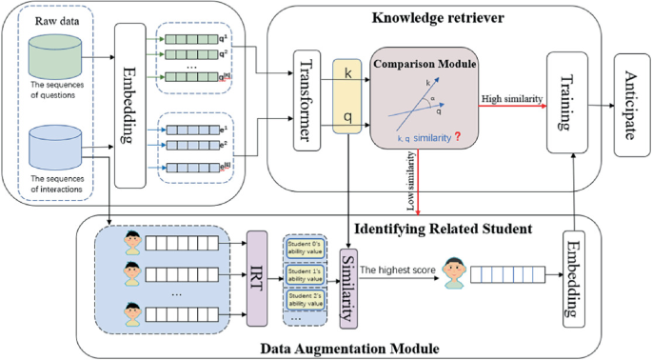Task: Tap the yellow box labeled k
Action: [x=348, y=72]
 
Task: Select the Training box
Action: [x=564, y=103]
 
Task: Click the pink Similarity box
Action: [x=349, y=276]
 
